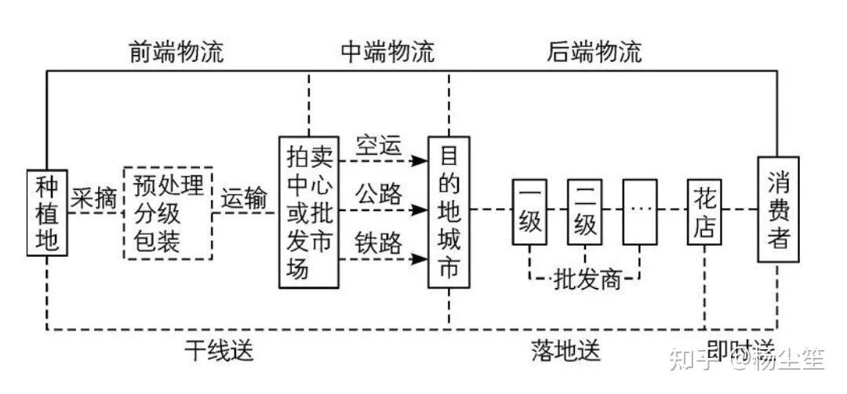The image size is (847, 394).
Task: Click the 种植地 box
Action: click(x=48, y=213)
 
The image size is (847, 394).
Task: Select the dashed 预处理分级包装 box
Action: click(x=169, y=213)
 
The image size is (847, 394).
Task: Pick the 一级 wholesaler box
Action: click(x=530, y=212)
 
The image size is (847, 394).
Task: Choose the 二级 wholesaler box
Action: click(x=585, y=212)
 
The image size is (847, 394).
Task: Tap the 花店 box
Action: click(x=704, y=212)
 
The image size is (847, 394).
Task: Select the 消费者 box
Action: click(x=779, y=210)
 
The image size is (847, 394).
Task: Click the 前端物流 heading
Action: click(x=176, y=53)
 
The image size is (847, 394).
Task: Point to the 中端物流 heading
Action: click(x=387, y=53)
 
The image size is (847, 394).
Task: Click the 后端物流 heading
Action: click(x=594, y=53)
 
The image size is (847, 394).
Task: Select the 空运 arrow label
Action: click(x=379, y=146)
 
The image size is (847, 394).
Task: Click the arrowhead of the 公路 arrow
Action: click(x=422, y=210)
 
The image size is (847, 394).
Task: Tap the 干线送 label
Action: click(x=220, y=351)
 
